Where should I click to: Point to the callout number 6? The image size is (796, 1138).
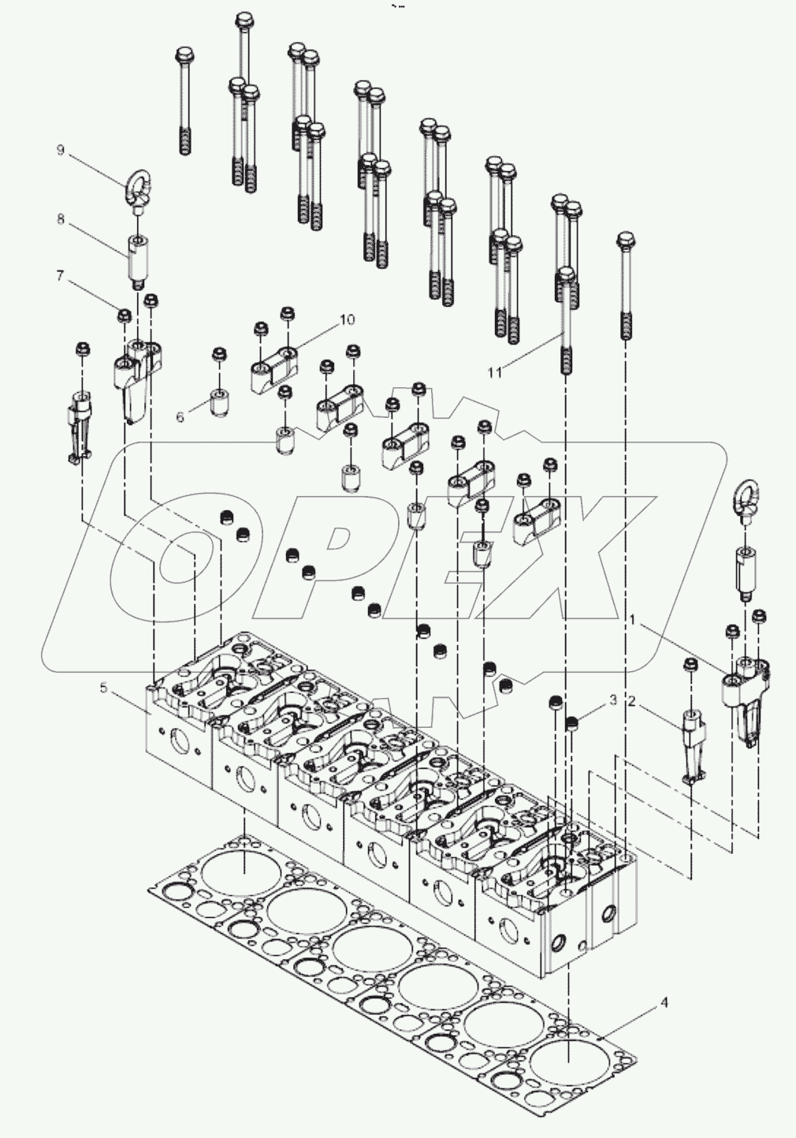tap(180, 416)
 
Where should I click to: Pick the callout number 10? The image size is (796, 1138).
tap(348, 319)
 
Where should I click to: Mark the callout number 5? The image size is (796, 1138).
tap(103, 688)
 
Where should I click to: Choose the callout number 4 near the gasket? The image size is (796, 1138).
tap(664, 1003)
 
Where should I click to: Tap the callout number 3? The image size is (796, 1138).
tap(612, 700)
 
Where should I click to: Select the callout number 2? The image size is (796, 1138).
tap(631, 700)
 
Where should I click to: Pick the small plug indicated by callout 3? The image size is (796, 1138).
tap(573, 722)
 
